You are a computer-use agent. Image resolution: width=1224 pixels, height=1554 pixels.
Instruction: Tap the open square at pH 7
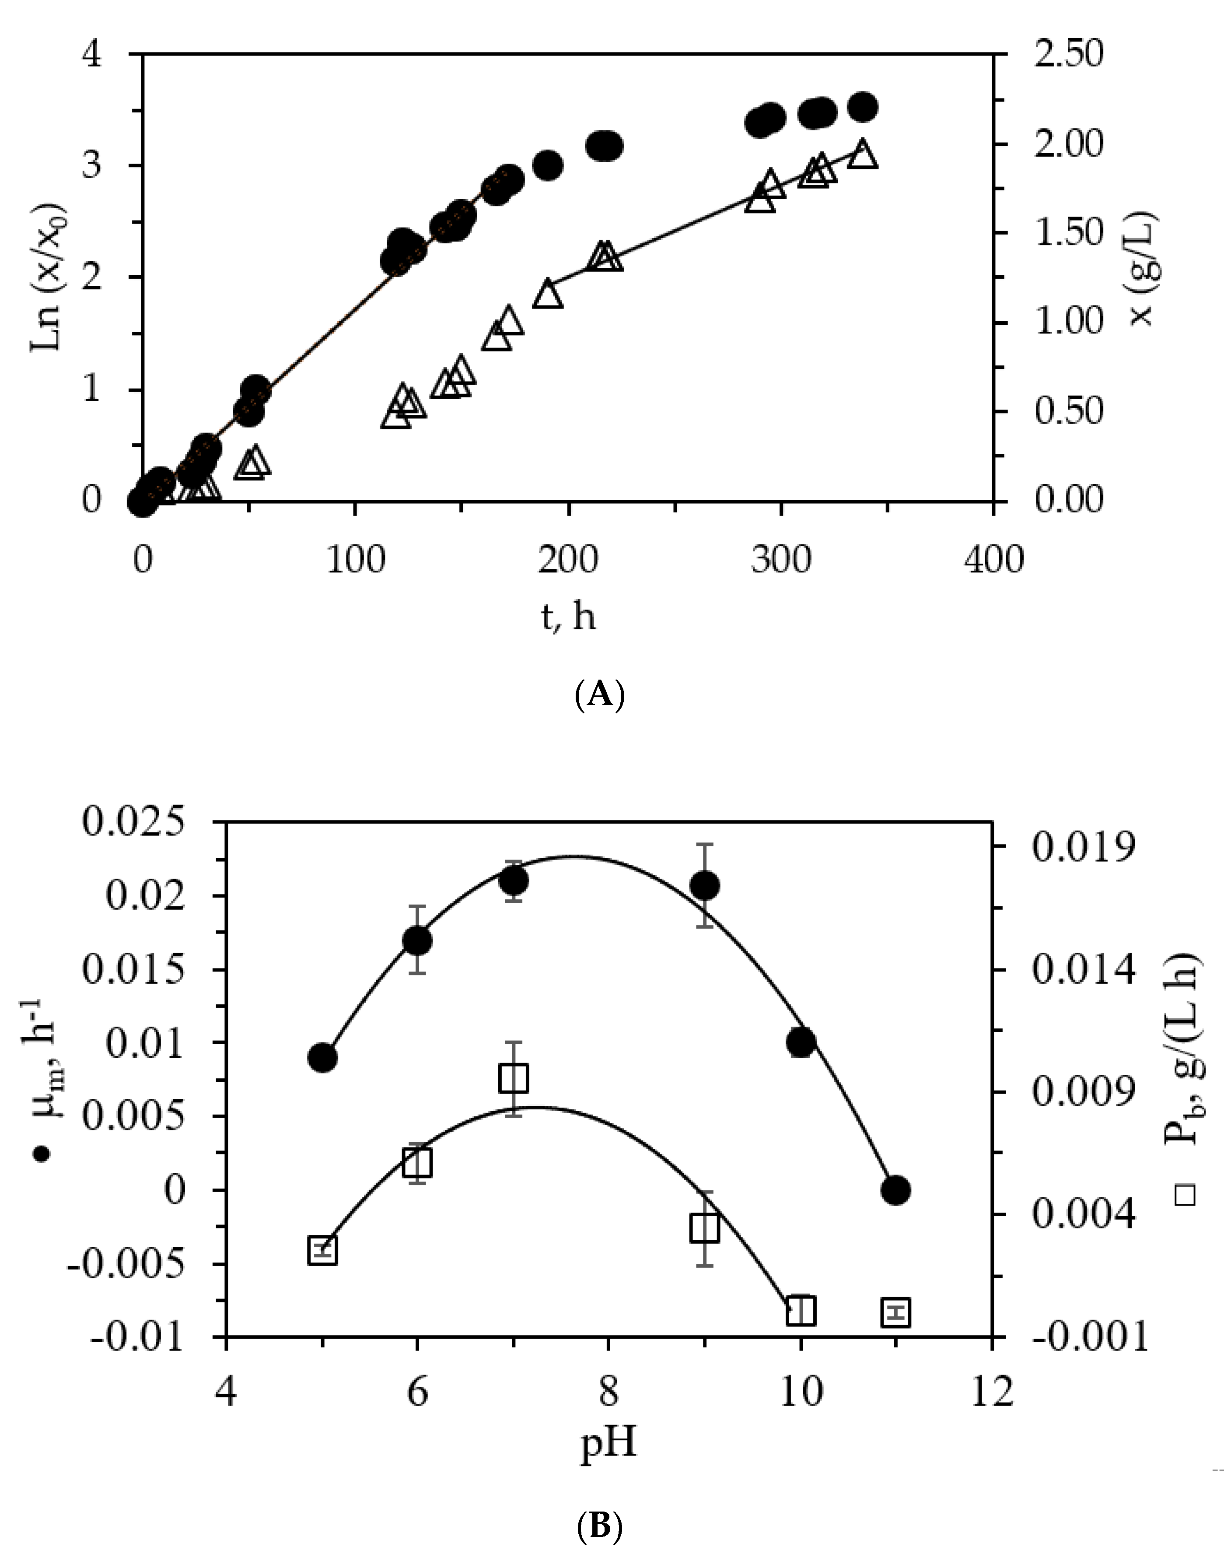click(514, 1077)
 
